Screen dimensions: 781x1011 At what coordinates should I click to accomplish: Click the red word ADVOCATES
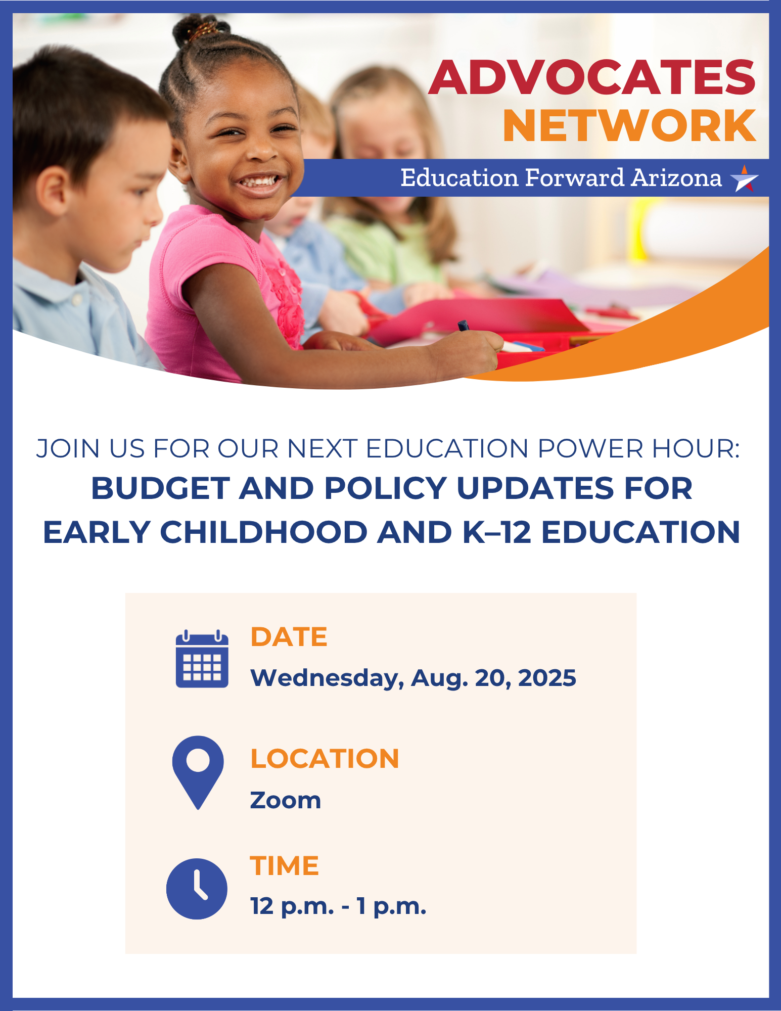[592, 77]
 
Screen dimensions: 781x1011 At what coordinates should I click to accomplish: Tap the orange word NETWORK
[629, 125]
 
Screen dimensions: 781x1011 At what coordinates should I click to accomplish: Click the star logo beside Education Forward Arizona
[744, 178]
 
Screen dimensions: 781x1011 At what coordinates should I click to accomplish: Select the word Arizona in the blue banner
[676, 178]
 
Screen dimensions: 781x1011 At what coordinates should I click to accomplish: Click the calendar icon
[202, 659]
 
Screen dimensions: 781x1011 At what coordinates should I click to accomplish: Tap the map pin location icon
[198, 772]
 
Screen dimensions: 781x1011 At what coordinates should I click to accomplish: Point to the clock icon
[197, 889]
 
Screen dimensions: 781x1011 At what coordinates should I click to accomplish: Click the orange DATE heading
[289, 637]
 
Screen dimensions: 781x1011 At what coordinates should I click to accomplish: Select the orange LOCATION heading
[325, 759]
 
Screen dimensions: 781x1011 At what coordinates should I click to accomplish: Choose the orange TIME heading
[285, 866]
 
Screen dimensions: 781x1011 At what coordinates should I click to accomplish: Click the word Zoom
[286, 801]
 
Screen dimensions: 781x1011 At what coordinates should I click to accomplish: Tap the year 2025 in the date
[547, 678]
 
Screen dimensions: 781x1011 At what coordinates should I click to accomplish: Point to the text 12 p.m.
[292, 907]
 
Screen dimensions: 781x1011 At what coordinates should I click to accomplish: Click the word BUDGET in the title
[160, 488]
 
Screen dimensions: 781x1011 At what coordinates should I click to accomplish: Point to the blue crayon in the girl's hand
[464, 326]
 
